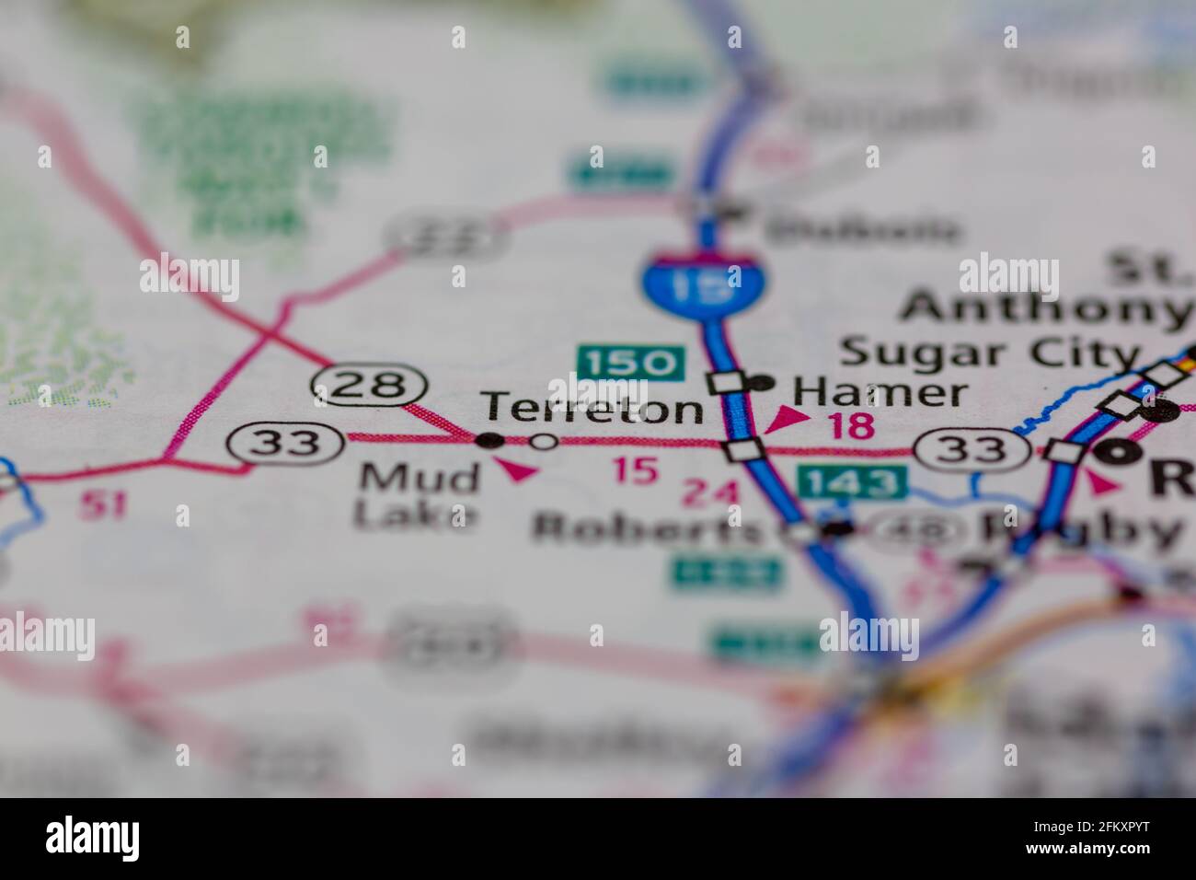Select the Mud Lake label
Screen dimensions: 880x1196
(x=419, y=496)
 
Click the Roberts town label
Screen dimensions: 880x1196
(x=650, y=529)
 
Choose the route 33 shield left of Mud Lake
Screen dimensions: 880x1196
(x=286, y=443)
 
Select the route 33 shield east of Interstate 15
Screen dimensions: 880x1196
(x=972, y=449)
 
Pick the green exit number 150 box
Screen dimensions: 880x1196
(x=631, y=362)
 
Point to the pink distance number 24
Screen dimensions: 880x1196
(x=709, y=494)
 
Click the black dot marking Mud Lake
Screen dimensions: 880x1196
(x=490, y=441)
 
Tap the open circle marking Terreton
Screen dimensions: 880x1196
(x=545, y=442)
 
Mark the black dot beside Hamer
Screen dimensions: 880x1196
(x=761, y=382)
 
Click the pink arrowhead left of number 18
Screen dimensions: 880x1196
(x=787, y=420)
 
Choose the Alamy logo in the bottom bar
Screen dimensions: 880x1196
(x=92, y=838)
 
